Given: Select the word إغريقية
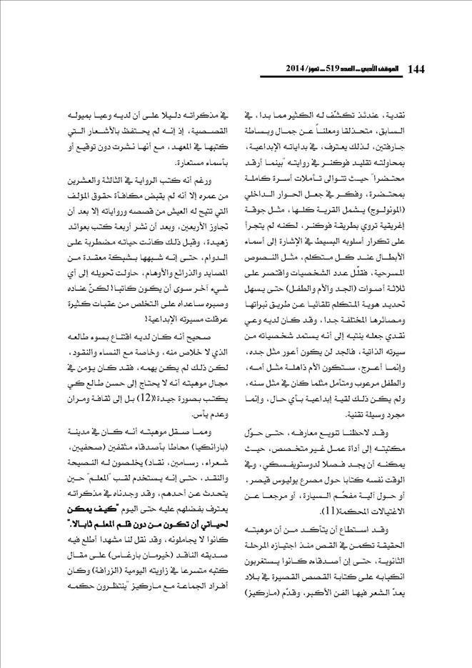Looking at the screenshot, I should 415,229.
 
